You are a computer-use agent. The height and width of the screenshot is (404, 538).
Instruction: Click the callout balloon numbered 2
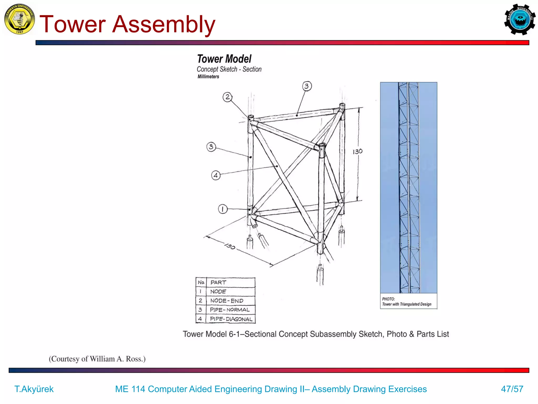pyautogui.click(x=227, y=97)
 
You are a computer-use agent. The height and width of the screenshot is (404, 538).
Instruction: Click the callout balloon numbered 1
pyautogui.click(x=223, y=209)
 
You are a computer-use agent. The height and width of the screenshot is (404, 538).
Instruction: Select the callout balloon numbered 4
pyautogui.click(x=216, y=175)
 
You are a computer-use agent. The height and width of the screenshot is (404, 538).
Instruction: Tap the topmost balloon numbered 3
pyautogui.click(x=307, y=86)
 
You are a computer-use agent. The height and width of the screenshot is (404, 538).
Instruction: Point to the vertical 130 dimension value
pyautogui.click(x=357, y=151)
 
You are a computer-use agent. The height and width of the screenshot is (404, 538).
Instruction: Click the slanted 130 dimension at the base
pyautogui.click(x=230, y=246)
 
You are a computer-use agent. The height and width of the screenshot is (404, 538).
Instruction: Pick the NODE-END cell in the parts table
pyautogui.click(x=227, y=301)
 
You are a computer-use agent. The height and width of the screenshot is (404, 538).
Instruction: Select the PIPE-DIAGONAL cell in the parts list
pyautogui.click(x=231, y=319)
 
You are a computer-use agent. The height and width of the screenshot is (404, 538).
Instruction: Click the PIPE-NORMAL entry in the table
pyautogui.click(x=230, y=310)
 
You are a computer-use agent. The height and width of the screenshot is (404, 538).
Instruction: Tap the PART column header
pyautogui.click(x=218, y=282)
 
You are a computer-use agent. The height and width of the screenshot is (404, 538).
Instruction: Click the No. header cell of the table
pyautogui.click(x=201, y=282)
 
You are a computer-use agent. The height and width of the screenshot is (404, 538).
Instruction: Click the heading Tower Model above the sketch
pyautogui.click(x=224, y=59)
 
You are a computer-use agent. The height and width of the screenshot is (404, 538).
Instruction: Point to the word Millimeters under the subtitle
pyautogui.click(x=208, y=77)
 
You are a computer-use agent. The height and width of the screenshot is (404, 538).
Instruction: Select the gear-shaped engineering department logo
pyautogui.click(x=520, y=19)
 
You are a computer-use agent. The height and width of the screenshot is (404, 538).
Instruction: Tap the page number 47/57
pyautogui.click(x=512, y=389)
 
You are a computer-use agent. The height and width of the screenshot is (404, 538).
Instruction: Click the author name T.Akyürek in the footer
pyautogui.click(x=34, y=389)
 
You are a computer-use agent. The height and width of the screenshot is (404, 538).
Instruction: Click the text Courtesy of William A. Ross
pyautogui.click(x=97, y=359)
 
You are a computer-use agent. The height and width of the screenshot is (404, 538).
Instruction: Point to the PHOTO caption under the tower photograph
pyautogui.click(x=406, y=302)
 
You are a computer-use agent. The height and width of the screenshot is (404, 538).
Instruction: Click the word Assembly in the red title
pyautogui.click(x=163, y=24)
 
